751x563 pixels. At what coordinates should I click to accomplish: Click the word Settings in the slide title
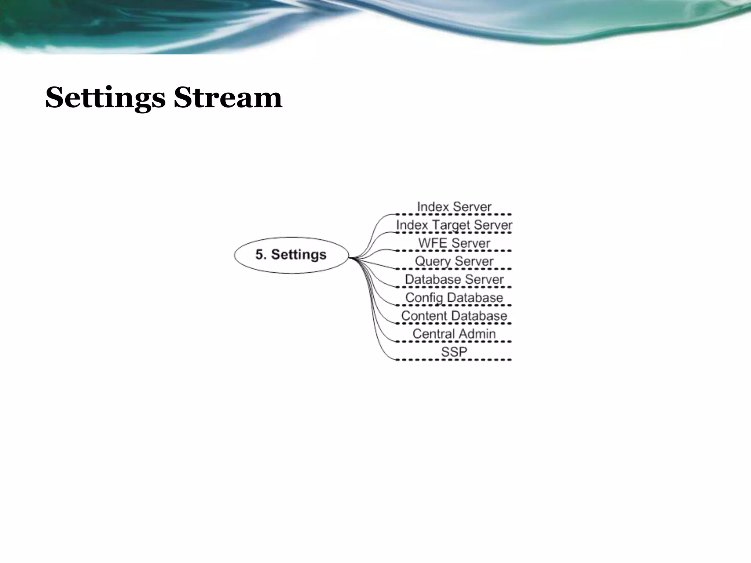pyautogui.click(x=105, y=98)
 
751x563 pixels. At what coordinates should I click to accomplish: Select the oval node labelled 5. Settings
pyautogui.click(x=291, y=255)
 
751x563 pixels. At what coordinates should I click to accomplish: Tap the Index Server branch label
pyautogui.click(x=454, y=207)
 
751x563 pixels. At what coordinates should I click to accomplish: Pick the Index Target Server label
pyautogui.click(x=454, y=225)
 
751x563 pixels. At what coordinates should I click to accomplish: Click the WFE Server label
pyautogui.click(x=454, y=243)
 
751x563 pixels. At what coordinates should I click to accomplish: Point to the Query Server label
pyautogui.click(x=454, y=261)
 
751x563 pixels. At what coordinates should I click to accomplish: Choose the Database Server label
pyautogui.click(x=454, y=279)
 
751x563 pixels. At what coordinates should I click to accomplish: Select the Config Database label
pyautogui.click(x=454, y=298)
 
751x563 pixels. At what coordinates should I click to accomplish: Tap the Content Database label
pyautogui.click(x=454, y=316)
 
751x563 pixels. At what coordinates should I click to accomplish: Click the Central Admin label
pyautogui.click(x=454, y=334)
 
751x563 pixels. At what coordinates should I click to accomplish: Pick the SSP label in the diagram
pyautogui.click(x=454, y=352)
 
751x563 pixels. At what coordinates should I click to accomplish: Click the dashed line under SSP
pyautogui.click(x=454, y=360)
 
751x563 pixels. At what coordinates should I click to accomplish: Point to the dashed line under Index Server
pyautogui.click(x=454, y=214)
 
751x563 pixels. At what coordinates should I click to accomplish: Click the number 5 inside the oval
pyautogui.click(x=260, y=255)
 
